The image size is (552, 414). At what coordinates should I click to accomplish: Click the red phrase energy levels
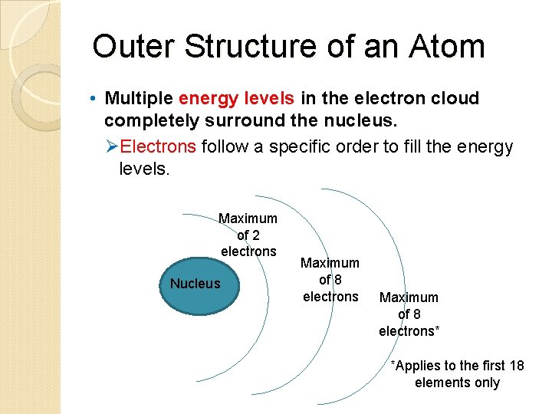coord(236,98)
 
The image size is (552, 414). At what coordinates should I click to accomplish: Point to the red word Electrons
coord(159,146)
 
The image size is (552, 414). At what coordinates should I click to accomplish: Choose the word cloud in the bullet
coord(455,98)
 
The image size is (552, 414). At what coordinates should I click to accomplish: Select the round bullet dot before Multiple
coord(91,99)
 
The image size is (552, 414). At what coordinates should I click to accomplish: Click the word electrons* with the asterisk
coord(409,331)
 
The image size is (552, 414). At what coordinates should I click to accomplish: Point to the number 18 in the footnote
coord(515,366)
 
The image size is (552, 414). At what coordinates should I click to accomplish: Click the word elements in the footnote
coord(440,383)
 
